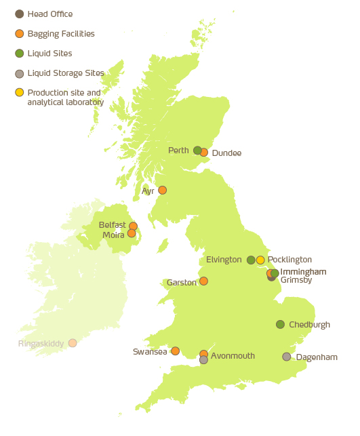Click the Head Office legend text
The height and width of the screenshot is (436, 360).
(x=49, y=14)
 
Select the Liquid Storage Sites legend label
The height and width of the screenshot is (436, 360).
(x=66, y=73)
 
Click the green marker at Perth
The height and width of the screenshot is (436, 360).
(x=197, y=150)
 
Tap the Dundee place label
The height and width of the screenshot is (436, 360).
(x=226, y=153)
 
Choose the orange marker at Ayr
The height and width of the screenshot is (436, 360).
(x=162, y=191)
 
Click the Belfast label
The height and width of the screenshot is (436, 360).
(x=112, y=224)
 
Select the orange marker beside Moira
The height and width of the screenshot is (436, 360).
(x=132, y=233)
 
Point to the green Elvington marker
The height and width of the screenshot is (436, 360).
(x=251, y=260)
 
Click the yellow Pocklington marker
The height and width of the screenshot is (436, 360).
(x=260, y=260)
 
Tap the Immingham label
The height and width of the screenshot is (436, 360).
(x=303, y=272)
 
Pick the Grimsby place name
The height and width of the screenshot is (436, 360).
(x=296, y=280)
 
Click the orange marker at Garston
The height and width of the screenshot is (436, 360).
(x=203, y=281)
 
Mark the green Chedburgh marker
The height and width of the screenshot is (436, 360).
(x=280, y=324)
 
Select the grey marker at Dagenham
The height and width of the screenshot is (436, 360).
(x=287, y=357)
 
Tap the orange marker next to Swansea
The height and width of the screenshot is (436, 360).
(x=175, y=351)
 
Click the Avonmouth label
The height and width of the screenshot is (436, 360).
(x=233, y=355)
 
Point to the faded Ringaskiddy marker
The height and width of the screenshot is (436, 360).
(x=73, y=343)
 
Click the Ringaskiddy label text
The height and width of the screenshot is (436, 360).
(x=41, y=344)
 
